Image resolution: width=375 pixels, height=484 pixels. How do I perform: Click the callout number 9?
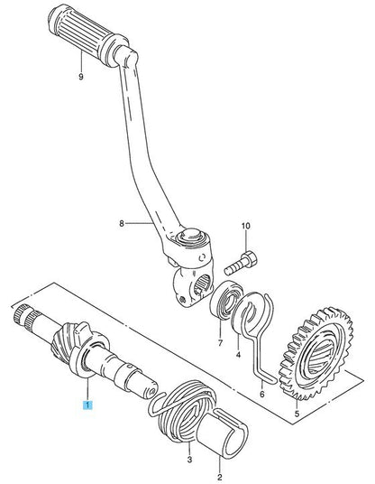tap(81, 76)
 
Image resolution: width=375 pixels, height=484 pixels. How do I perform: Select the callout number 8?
tap(122, 223)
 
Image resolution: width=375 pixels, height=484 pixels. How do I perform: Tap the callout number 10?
tap(246, 226)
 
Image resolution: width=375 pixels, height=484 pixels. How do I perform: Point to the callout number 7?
tap(220, 342)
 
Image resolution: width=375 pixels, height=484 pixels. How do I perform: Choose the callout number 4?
tap(238, 355)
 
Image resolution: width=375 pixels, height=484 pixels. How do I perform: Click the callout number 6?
tap(262, 394)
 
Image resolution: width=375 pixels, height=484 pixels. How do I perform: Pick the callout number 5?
tap(297, 414)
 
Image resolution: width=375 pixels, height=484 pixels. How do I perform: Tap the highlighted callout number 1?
tap(87, 405)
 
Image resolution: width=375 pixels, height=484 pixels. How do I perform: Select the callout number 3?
tap(190, 460)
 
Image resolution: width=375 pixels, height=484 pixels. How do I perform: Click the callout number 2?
tap(220, 477)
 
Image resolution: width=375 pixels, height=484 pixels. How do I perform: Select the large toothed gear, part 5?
tap(316, 352)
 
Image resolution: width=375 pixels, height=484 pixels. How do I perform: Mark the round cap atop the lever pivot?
tap(190, 235)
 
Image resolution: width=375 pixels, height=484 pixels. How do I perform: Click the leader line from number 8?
tap(140, 222)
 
